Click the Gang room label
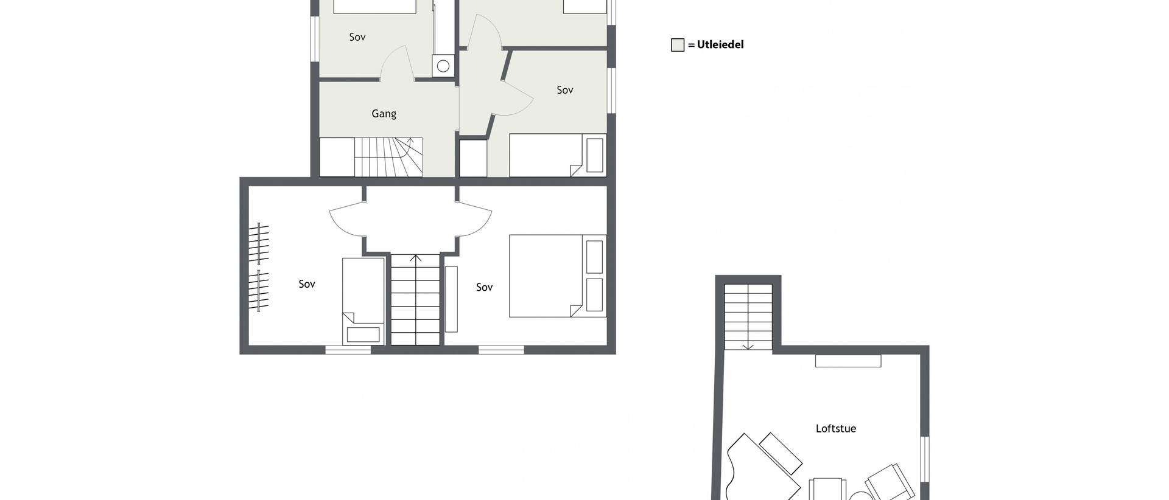(384, 114)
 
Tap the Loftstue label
(835, 428)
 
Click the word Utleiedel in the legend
(720, 44)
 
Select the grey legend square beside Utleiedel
(678, 45)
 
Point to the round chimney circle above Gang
(443, 66)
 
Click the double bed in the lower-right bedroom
(558, 276)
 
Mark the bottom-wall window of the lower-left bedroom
(348, 349)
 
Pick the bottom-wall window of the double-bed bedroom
(501, 349)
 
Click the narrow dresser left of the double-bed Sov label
(451, 299)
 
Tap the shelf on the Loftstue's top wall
(848, 361)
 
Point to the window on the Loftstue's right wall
(925, 460)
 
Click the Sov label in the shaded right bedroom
(564, 90)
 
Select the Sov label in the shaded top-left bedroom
(357, 37)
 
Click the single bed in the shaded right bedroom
(558, 155)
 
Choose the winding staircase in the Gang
(388, 157)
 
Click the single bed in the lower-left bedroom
(363, 301)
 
